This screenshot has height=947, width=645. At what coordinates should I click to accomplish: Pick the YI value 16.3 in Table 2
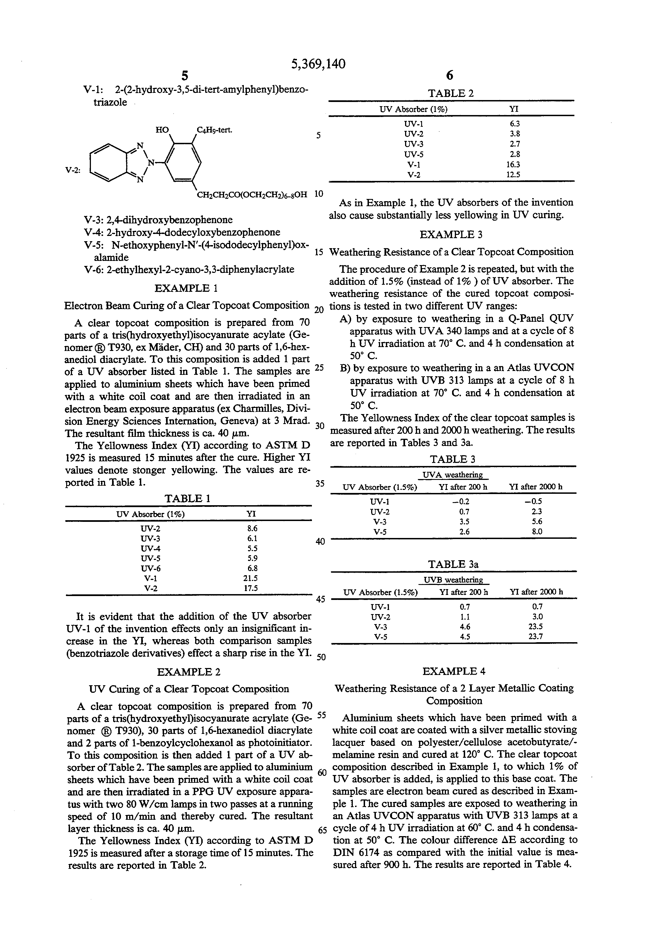(x=515, y=165)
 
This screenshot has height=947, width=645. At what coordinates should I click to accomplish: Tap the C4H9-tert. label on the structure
(x=214, y=130)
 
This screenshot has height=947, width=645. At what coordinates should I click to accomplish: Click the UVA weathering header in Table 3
(x=453, y=475)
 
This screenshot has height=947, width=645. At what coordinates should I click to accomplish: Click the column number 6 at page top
(x=450, y=75)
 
